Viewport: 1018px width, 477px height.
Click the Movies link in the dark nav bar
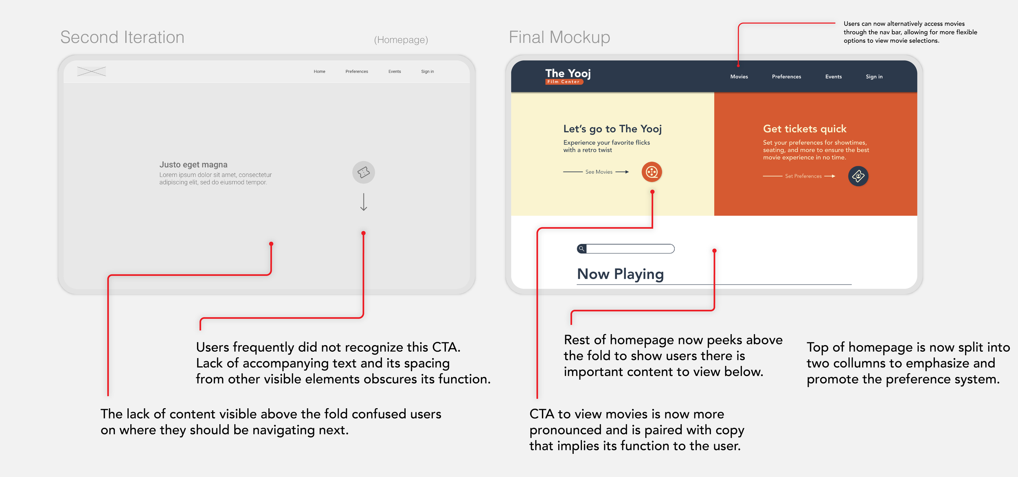coord(739,77)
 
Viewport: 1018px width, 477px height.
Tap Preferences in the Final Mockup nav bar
coord(786,77)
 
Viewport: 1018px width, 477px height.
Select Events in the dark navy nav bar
coord(834,77)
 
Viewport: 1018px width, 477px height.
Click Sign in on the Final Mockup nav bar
coord(874,77)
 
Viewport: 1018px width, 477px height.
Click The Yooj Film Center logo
coord(568,76)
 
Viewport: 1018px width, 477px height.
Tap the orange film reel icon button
coord(652,172)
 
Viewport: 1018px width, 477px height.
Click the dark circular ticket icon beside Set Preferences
coord(858,176)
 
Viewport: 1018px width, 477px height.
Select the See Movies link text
coord(599,172)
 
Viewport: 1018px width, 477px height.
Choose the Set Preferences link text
coord(803,176)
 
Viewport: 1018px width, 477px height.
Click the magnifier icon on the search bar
coord(581,249)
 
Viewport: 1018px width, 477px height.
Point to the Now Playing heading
coord(621,274)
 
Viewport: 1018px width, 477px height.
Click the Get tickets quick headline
coord(805,129)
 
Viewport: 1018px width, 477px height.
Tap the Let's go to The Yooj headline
coord(612,129)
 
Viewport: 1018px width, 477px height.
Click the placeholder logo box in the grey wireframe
coord(92,72)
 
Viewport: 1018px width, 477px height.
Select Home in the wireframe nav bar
coord(319,72)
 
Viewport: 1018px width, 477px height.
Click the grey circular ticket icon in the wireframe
coord(364,172)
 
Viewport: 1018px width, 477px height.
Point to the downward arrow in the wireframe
coord(364,202)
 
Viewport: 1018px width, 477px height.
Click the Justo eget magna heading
coord(193,164)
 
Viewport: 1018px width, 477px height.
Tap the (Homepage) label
coord(401,40)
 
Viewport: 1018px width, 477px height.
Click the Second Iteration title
coord(123,37)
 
